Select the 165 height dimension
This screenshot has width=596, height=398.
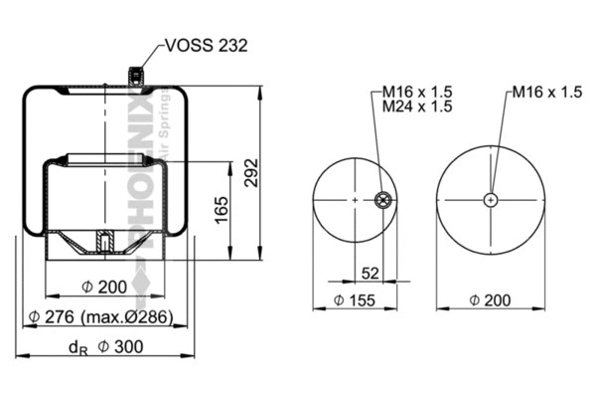coord(223,209)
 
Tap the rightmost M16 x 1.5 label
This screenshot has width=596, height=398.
coord(545,93)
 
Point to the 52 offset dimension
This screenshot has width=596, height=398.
coord(370,273)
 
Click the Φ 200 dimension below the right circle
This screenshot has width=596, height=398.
coord(491,299)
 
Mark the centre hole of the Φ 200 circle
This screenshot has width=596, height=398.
coord(491,200)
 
